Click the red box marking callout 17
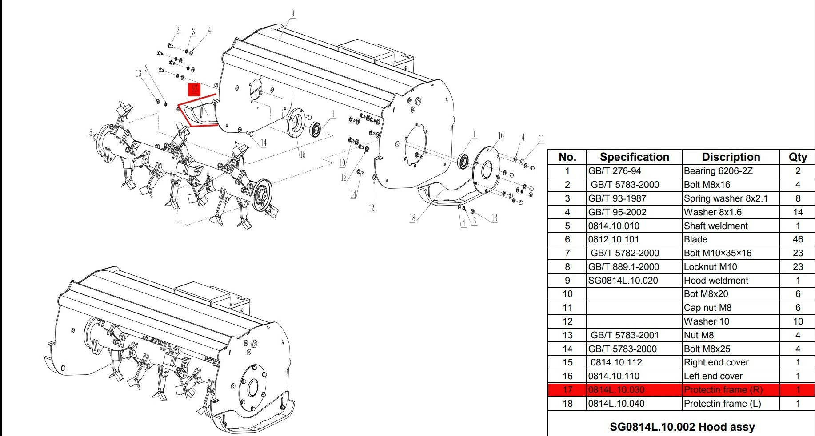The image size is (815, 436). click(194, 89)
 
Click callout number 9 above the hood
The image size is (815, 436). click(292, 14)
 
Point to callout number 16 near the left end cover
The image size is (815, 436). click(501, 136)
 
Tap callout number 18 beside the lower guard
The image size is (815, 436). click(412, 218)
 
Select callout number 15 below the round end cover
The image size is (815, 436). click(302, 155)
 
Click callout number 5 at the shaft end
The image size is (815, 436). click(91, 132)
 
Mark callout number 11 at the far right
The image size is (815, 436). click(541, 139)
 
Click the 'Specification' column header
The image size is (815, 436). click(634, 157)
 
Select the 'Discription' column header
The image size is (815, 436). click(731, 157)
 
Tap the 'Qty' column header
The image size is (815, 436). click(797, 157)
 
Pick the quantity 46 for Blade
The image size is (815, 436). click(797, 239)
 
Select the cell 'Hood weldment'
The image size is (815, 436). click(716, 281)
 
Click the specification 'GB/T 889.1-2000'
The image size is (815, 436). click(623, 267)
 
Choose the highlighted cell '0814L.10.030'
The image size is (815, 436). click(616, 390)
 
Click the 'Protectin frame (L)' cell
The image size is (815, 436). click(722, 404)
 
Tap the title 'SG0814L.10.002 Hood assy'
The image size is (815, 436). click(682, 427)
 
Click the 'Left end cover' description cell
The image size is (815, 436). click(713, 376)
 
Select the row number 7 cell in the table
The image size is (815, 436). click(567, 253)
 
